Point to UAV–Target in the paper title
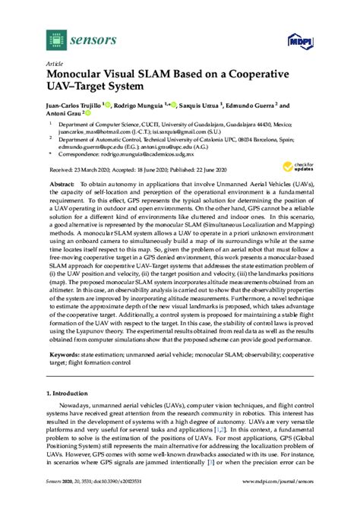(x=84, y=91)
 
